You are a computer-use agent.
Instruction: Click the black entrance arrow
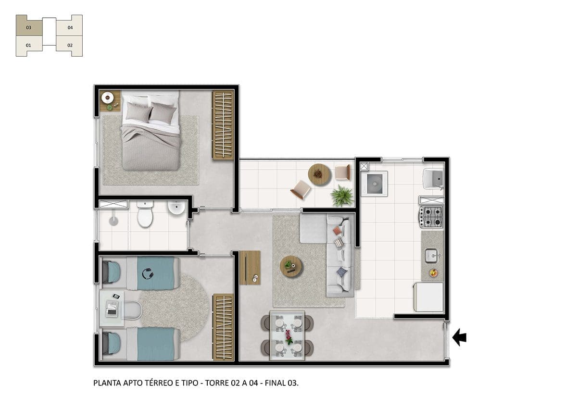pyautogui.click(x=459, y=337)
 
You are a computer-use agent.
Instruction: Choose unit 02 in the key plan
pyautogui.click(x=70, y=46)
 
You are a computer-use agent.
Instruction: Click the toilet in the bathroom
pyautogui.click(x=145, y=214)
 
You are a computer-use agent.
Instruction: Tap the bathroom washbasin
pyautogui.click(x=176, y=208)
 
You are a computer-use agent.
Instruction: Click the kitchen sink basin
pyautogui.click(x=431, y=256)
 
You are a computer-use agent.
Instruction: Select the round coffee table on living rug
pyautogui.click(x=291, y=266)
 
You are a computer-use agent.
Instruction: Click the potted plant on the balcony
pyautogui.click(x=342, y=196)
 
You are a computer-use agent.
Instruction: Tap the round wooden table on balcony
pyautogui.click(x=319, y=175)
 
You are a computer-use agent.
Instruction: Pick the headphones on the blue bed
pyautogui.click(x=148, y=273)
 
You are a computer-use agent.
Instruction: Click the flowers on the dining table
pyautogui.click(x=288, y=337)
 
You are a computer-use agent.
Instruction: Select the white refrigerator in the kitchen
pyautogui.click(x=428, y=297)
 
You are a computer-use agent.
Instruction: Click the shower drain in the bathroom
pyautogui.click(x=113, y=221)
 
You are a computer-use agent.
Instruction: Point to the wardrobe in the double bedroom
pyautogui.click(x=223, y=125)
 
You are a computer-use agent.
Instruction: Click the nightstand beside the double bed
pyautogui.click(x=110, y=100)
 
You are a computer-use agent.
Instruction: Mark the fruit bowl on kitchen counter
pyautogui.click(x=433, y=273)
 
